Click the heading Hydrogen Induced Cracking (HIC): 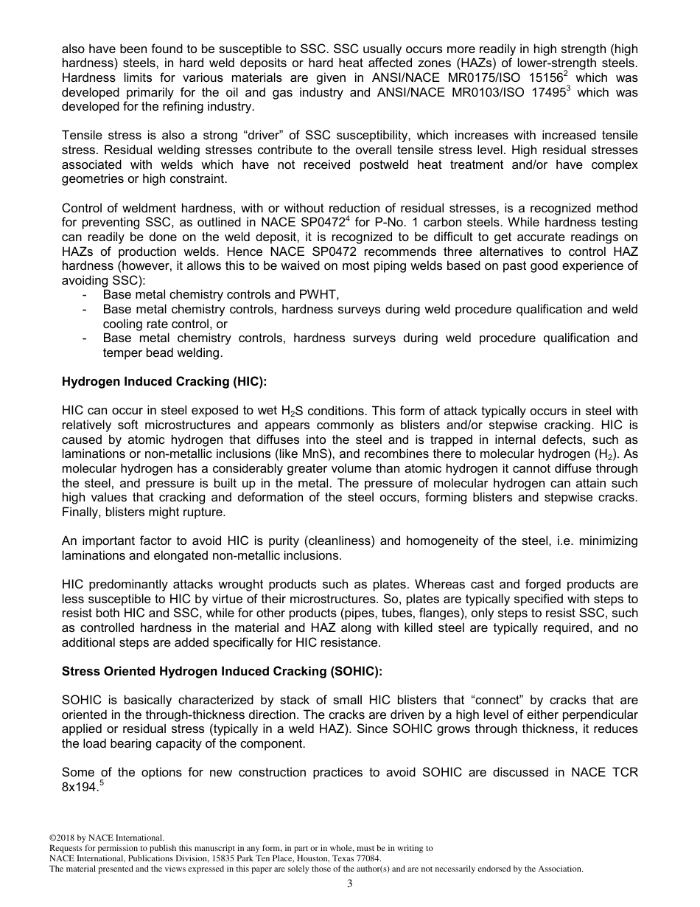click(164, 382)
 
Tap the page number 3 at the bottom click(349, 884)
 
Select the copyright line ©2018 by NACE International click(106, 838)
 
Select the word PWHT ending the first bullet click(319, 295)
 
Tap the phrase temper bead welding click(162, 352)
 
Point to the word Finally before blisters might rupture click(80, 512)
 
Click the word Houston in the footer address click(310, 858)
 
